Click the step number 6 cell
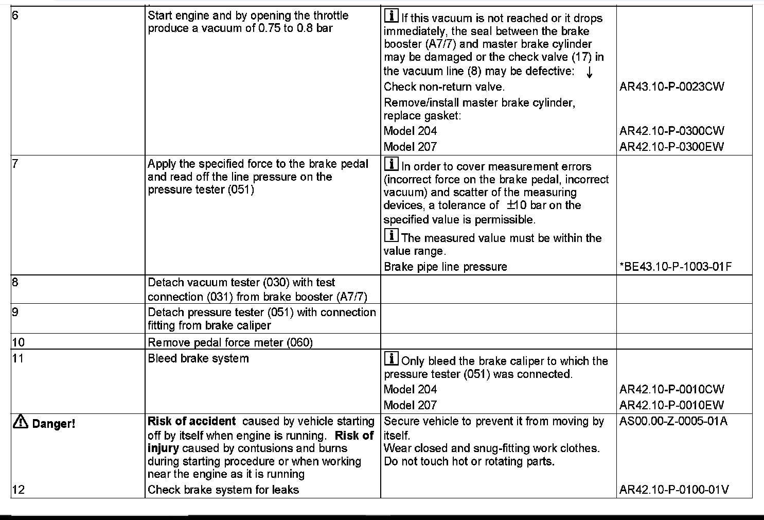15,15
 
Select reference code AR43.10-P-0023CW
671,86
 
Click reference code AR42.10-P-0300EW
671,147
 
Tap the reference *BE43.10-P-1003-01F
676,267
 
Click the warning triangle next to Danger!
21,423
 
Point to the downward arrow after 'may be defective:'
589,73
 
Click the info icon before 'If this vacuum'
391,16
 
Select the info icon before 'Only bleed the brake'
391,359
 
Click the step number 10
18,342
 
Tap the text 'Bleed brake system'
198,358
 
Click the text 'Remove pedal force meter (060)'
230,342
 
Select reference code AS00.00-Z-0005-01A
673,421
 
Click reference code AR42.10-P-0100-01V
674,490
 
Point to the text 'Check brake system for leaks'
223,490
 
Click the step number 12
18,490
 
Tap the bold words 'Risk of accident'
191,421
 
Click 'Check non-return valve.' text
444,86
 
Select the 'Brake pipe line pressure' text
446,267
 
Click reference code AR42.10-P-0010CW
671,389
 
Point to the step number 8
15,282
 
